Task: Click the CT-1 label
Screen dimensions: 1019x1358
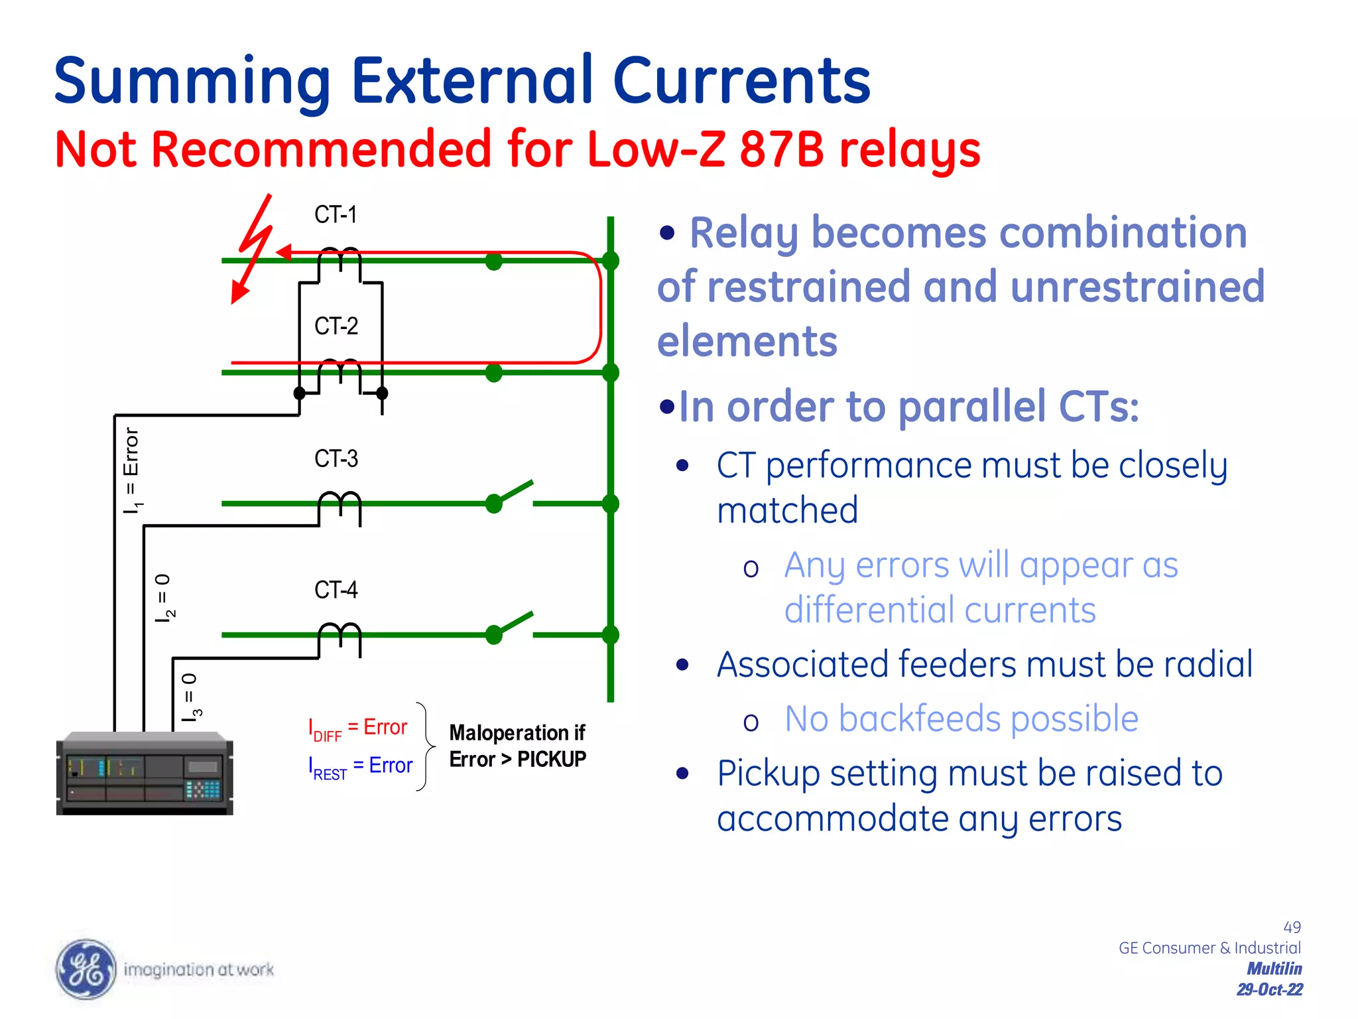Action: click(336, 215)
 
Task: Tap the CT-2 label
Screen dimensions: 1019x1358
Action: click(336, 326)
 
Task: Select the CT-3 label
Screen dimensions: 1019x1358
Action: click(336, 459)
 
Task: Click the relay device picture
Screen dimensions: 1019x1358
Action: click(145, 774)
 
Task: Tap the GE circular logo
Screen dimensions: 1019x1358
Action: click(86, 969)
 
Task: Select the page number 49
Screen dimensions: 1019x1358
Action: click(1292, 927)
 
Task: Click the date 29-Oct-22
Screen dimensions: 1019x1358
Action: click(1269, 990)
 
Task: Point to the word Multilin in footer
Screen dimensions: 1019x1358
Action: click(1274, 969)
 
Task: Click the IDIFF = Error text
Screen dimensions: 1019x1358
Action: click(357, 728)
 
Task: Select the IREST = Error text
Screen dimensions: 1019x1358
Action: click(360, 767)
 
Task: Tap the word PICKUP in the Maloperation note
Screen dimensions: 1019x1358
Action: click(551, 759)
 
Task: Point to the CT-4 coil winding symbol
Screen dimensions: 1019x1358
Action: click(339, 634)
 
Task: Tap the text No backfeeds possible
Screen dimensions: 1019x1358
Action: click(961, 719)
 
